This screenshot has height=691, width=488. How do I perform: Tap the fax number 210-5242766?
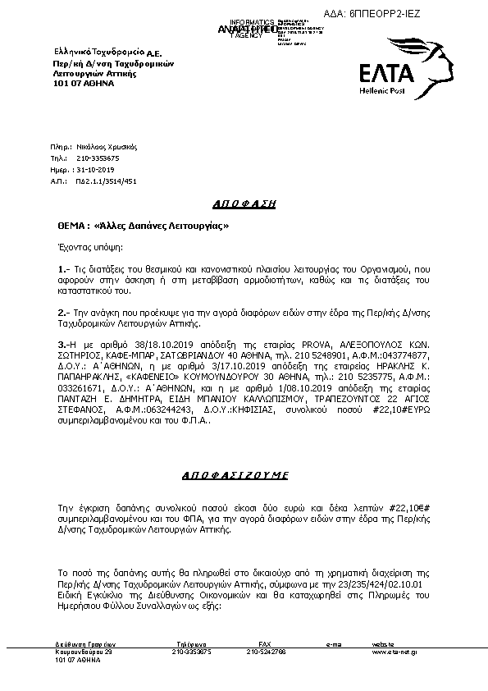click(266, 652)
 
